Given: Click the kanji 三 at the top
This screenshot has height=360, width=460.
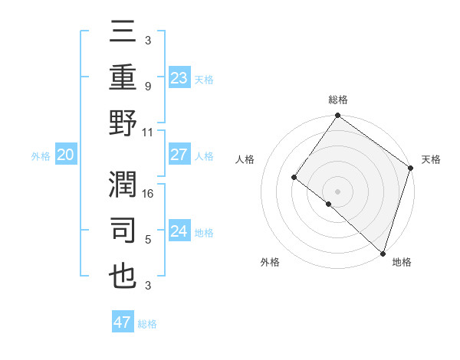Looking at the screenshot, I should click(123, 33).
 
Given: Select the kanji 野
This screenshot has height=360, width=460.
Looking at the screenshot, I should click(123, 123).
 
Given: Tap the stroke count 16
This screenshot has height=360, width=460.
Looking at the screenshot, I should click(149, 195).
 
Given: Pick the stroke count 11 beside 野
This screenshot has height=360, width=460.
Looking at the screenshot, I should click(149, 132).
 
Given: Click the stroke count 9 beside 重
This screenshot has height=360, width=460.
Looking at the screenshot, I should click(147, 87).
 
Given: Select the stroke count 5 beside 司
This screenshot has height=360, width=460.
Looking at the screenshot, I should click(147, 240).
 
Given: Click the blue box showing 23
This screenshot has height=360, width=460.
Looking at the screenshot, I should click(179, 77).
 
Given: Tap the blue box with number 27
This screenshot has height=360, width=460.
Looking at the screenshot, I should click(179, 155).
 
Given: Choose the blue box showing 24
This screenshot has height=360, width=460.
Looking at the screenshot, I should click(179, 231).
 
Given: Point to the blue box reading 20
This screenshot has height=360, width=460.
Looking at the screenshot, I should click(65, 155).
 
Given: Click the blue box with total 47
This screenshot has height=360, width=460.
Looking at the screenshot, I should click(122, 322).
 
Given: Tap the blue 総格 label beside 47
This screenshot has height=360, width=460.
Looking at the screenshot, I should click(147, 324).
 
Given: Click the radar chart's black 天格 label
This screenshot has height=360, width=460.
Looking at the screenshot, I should click(431, 159).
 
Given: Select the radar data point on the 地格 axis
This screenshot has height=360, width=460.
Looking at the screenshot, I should click(383, 252).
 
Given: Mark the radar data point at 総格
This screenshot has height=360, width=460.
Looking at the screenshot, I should click(337, 116).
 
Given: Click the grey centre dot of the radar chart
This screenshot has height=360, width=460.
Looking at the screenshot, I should click(337, 191).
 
